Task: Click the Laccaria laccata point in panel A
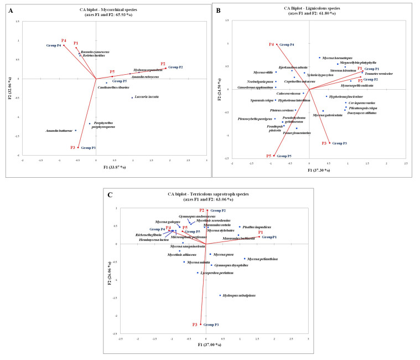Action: pyautogui.click(x=132, y=98)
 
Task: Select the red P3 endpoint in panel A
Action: pyautogui.click(x=78, y=147)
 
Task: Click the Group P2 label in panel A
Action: pyautogui.click(x=177, y=67)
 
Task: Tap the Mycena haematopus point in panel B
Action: pyautogui.click(x=319, y=58)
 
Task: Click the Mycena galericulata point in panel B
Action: pyautogui.click(x=323, y=111)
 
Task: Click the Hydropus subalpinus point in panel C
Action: pyautogui.click(x=220, y=295)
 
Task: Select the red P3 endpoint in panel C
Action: pyautogui.click(x=200, y=324)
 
